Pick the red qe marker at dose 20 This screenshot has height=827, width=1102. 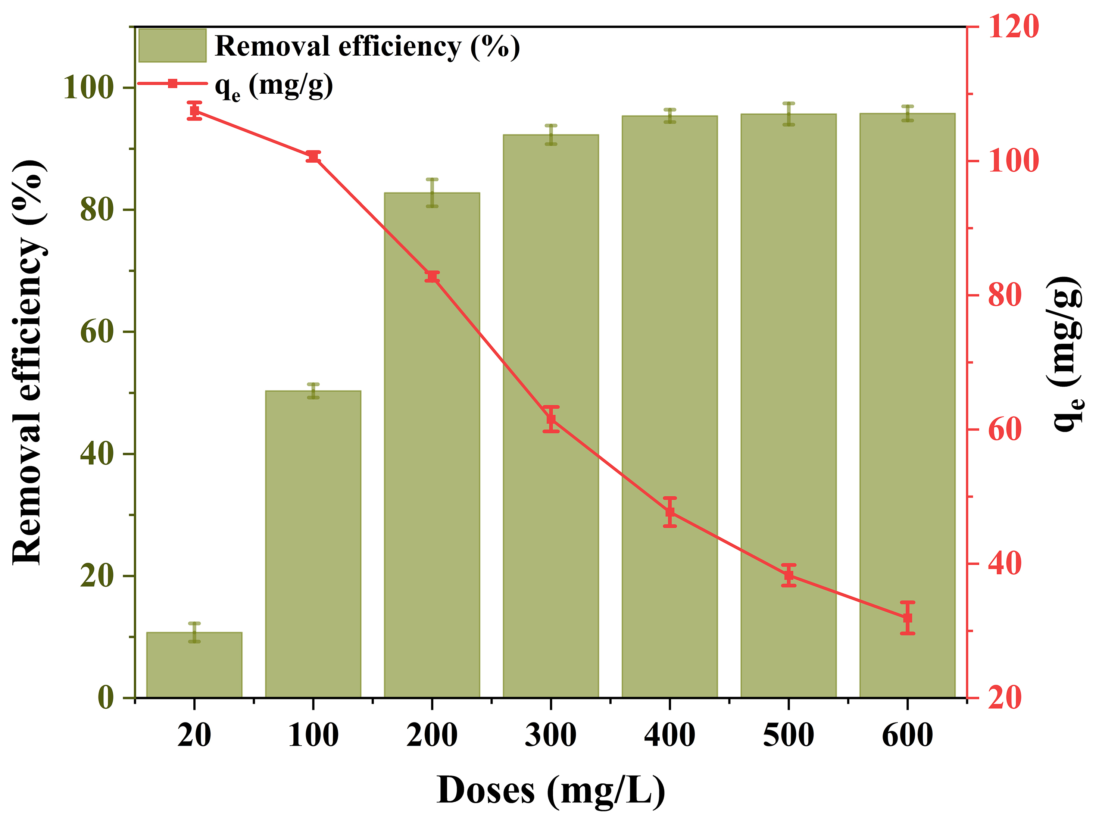194,110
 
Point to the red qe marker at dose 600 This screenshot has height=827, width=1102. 908,618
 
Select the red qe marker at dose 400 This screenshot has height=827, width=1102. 669,512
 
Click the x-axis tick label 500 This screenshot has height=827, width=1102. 788,735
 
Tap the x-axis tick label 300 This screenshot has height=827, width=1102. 550,735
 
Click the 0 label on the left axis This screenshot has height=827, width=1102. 106,698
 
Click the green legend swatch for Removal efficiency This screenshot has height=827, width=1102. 172,45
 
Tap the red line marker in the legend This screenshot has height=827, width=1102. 172,83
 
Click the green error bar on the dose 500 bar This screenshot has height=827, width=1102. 789,113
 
